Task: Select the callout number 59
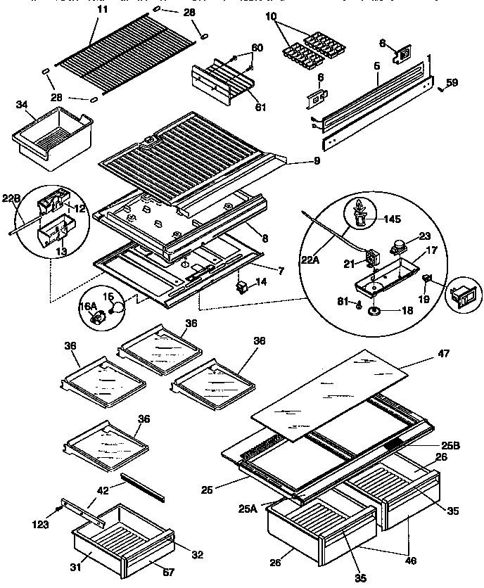(x=452, y=82)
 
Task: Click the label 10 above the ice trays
(x=272, y=15)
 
